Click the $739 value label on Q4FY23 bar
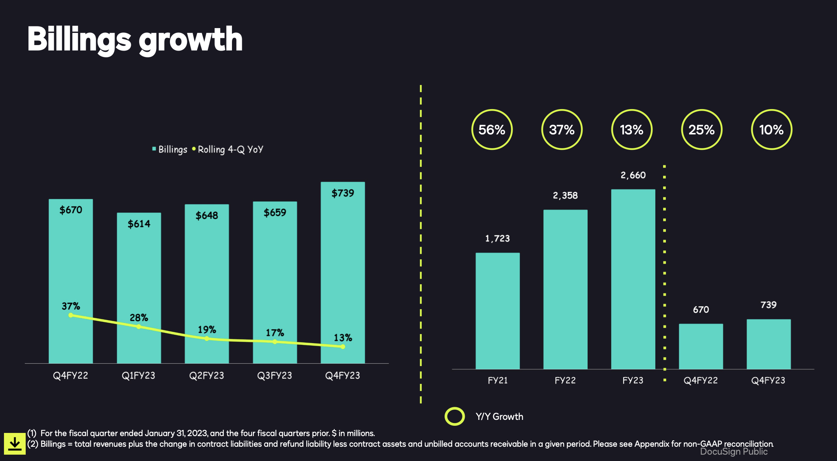click(x=343, y=193)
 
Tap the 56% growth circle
click(x=492, y=130)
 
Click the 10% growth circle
click(x=771, y=130)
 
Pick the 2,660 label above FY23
click(x=633, y=175)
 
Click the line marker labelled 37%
click(x=71, y=315)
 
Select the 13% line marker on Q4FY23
click(x=343, y=347)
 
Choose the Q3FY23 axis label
click(x=274, y=376)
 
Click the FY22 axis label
click(x=565, y=380)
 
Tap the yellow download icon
click(x=15, y=444)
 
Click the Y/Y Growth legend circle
click(x=454, y=416)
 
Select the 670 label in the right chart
click(x=701, y=310)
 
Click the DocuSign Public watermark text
click(x=733, y=452)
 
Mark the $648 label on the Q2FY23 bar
click(x=207, y=215)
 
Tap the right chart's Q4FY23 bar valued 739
click(x=768, y=344)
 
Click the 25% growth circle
click(x=701, y=130)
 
